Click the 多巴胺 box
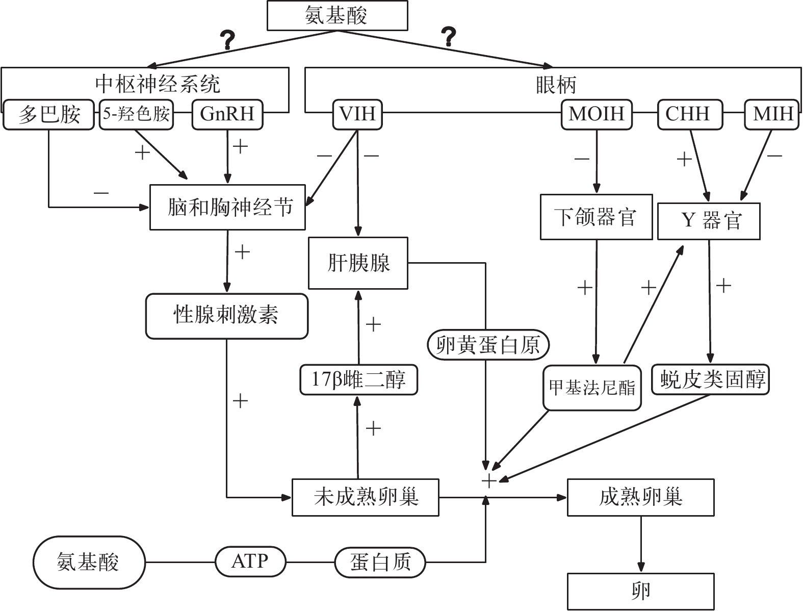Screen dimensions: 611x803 pyautogui.click(x=49, y=114)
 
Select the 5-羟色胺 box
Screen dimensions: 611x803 pyautogui.click(x=136, y=114)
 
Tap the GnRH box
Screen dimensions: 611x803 pyautogui.click(x=227, y=114)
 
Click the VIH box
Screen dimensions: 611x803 pyautogui.click(x=357, y=114)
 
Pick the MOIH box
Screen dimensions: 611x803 pyautogui.click(x=597, y=114)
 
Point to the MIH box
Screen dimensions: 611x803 pyautogui.click(x=772, y=114)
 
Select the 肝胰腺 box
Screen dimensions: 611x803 pyautogui.click(x=358, y=263)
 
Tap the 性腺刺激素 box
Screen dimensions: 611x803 pyautogui.click(x=227, y=316)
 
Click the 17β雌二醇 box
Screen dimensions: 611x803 pyautogui.click(x=358, y=380)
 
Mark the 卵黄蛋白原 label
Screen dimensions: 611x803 pyautogui.click(x=488, y=345)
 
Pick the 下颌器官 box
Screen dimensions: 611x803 pyautogui.click(x=596, y=217)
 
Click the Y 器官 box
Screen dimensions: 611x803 pyautogui.click(x=709, y=221)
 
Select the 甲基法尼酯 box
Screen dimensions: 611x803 pyautogui.click(x=592, y=388)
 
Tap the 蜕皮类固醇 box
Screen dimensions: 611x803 pyautogui.click(x=711, y=379)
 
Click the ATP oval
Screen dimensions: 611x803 pyautogui.click(x=250, y=562)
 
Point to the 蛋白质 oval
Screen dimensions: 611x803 pyautogui.click(x=380, y=563)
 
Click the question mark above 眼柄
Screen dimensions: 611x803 pyautogui.click(x=448, y=37)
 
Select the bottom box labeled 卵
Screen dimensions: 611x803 pyautogui.click(x=640, y=592)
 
